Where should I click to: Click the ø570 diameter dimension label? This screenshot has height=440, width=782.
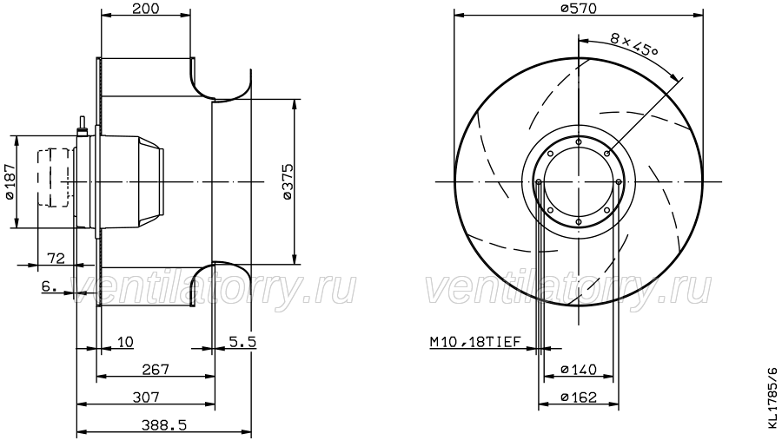[578, 9]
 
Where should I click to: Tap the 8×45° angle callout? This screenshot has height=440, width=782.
[634, 45]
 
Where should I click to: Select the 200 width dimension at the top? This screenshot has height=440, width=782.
[146, 9]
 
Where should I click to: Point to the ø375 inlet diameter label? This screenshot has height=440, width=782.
[288, 181]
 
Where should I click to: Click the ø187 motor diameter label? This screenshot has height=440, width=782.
[10, 182]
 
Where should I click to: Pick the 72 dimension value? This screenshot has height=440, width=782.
[56, 258]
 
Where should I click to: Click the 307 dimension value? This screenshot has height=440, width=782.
[146, 397]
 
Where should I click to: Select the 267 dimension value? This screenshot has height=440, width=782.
[156, 369]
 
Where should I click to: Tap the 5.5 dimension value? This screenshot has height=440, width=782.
[242, 342]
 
